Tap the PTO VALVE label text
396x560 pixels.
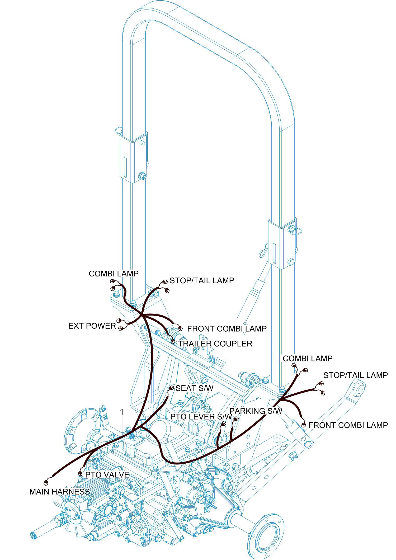(x=107, y=474)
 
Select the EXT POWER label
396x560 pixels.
(x=92, y=326)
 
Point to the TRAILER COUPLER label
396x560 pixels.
(x=215, y=343)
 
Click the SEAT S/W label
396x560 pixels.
(x=194, y=388)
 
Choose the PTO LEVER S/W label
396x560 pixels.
(x=201, y=416)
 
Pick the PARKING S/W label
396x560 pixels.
(x=256, y=411)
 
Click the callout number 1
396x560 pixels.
(x=122, y=412)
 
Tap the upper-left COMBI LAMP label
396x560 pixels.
(x=114, y=274)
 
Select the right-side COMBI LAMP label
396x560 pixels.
(x=308, y=358)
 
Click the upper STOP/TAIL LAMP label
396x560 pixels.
(x=202, y=280)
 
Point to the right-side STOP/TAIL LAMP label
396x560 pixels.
(x=355, y=375)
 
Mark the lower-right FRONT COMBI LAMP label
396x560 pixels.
(x=348, y=425)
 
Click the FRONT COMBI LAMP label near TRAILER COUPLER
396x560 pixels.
(x=227, y=328)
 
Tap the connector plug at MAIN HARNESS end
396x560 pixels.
(x=46, y=483)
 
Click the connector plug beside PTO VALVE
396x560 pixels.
(x=80, y=474)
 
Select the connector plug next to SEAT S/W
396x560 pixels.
(x=171, y=388)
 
